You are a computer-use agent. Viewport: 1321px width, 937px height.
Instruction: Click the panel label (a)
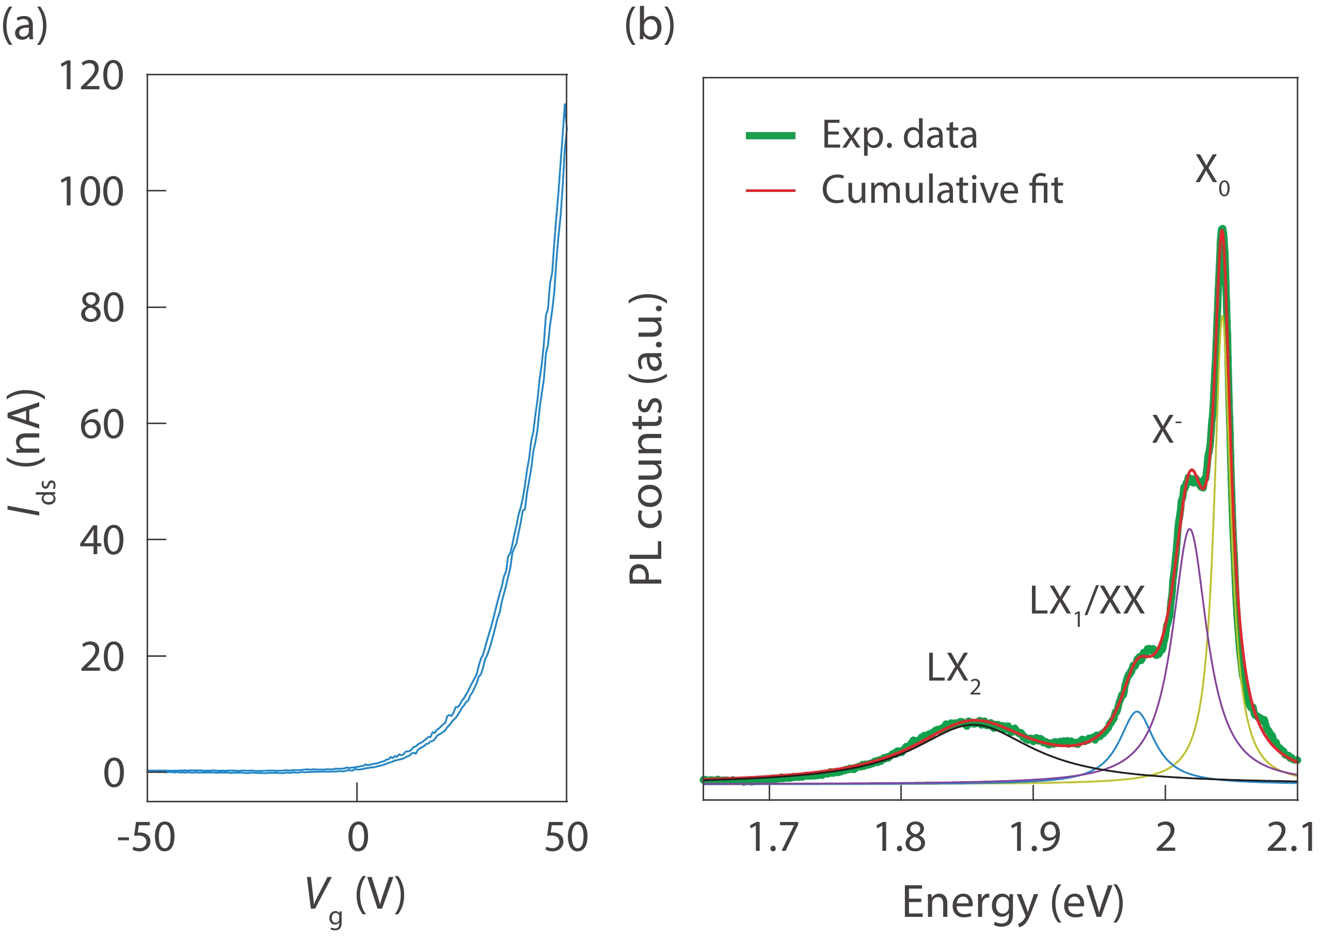[25, 26]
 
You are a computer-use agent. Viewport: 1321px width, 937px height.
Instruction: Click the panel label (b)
[649, 26]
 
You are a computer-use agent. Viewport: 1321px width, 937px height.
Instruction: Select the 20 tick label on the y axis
[102, 657]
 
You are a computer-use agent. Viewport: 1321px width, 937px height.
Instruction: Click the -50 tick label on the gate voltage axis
[146, 837]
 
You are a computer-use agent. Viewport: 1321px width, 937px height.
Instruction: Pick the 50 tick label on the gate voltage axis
[566, 837]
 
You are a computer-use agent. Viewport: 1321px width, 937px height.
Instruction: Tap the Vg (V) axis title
[354, 897]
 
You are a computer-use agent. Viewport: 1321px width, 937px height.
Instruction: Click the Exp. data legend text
[899, 135]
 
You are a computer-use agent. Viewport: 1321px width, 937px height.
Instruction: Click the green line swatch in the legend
[770, 136]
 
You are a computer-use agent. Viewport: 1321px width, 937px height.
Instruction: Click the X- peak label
[1166, 430]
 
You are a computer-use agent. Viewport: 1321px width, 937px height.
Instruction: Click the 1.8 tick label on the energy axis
[900, 837]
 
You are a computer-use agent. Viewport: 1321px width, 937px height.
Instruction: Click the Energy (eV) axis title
[1013, 902]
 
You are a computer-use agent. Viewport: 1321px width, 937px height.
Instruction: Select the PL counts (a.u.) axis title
[646, 439]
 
